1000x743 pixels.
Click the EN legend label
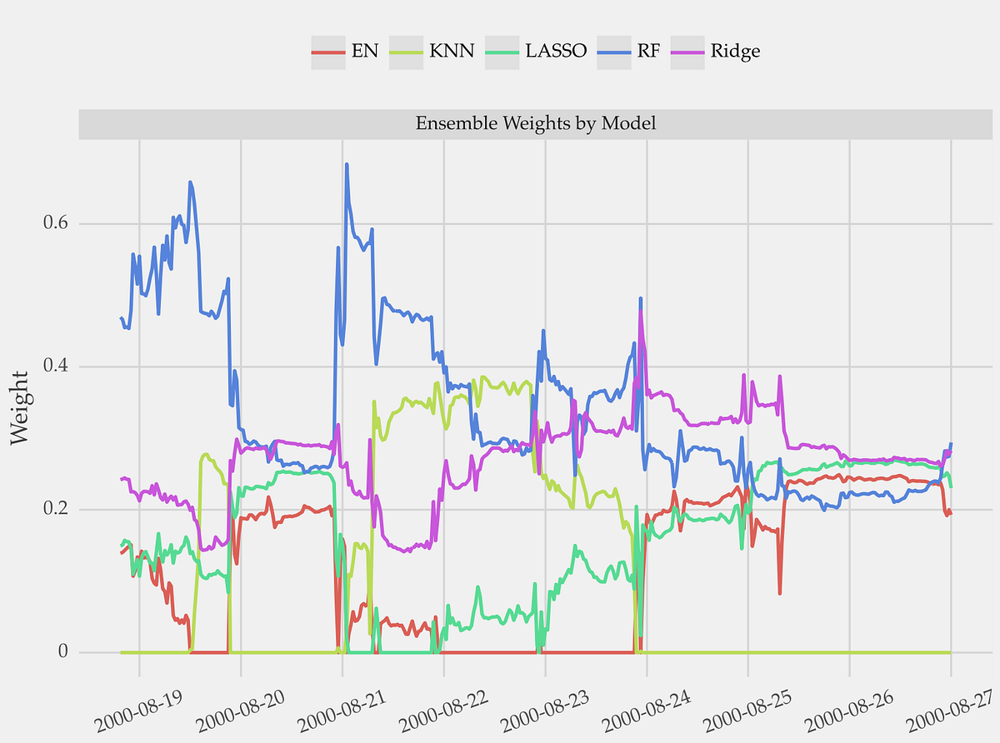(x=365, y=51)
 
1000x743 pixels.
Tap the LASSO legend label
(x=556, y=51)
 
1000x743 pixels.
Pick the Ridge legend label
(x=734, y=51)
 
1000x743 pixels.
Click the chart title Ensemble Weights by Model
(x=535, y=124)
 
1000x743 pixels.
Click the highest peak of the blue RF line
(x=346, y=164)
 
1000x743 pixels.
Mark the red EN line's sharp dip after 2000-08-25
(x=780, y=593)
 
